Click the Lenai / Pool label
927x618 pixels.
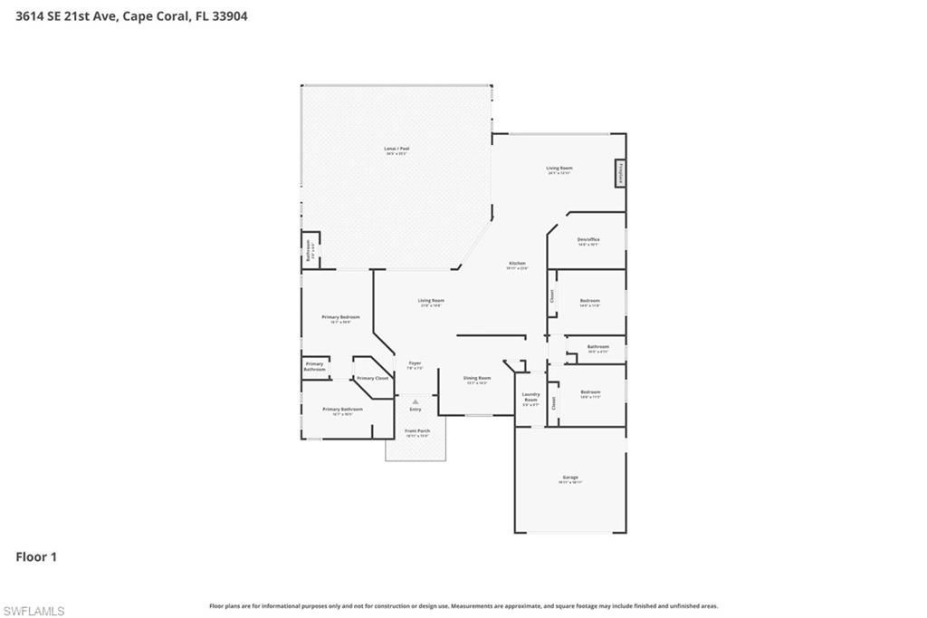[397, 148]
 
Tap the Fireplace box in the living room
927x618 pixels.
[621, 173]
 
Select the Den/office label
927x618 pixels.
[588, 239]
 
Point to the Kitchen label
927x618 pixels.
[516, 263]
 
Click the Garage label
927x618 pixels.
[570, 478]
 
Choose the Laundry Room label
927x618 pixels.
[531, 397]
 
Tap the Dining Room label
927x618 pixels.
[477, 378]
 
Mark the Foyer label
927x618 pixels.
[415, 363]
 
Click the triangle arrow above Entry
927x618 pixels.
[416, 401]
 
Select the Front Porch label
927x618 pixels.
[417, 430]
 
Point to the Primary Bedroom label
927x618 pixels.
[341, 317]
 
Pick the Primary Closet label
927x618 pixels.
[372, 378]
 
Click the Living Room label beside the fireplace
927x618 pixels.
[559, 168]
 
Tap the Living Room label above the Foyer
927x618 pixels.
[431, 300]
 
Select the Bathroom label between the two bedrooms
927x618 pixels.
[598, 346]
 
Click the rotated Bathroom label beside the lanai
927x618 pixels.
[309, 250]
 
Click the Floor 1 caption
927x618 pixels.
[36, 556]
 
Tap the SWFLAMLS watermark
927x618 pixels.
[33, 611]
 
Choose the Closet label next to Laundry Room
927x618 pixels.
[554, 403]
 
